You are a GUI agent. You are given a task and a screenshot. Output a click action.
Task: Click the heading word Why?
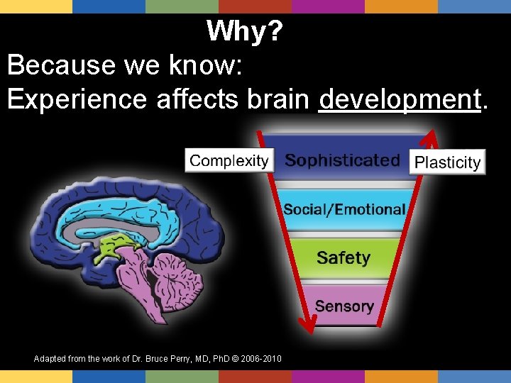tap(246, 31)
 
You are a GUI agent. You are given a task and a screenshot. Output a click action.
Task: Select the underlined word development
tap(400, 99)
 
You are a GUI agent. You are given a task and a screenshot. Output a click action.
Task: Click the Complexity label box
tap(229, 160)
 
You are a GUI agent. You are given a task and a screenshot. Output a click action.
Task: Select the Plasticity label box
tap(447, 162)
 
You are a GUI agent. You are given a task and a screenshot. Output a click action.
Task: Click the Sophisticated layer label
tap(343, 160)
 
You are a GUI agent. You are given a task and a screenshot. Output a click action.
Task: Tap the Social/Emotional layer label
tap(344, 209)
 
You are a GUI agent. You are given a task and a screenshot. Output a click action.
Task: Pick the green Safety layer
tap(344, 257)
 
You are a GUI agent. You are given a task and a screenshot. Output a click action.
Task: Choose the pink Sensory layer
tap(344, 306)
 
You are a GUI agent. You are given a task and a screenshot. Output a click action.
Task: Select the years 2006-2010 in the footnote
tap(260, 360)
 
